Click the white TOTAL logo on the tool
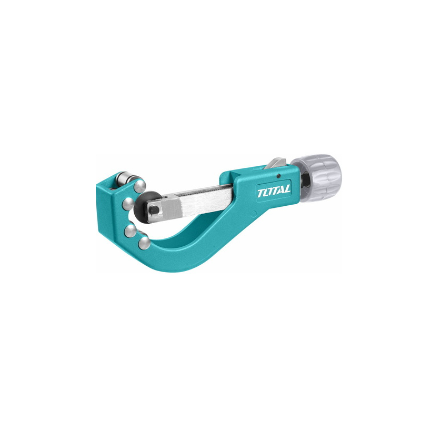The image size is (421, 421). coord(274,191)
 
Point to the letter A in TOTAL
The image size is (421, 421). coord(280,190)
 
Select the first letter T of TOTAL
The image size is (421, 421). coord(260,193)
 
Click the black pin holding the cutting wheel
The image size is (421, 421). coord(154,209)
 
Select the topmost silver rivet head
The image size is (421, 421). coord(140,186)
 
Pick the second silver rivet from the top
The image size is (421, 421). coord(128,204)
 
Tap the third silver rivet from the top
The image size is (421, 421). coord(130,231)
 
